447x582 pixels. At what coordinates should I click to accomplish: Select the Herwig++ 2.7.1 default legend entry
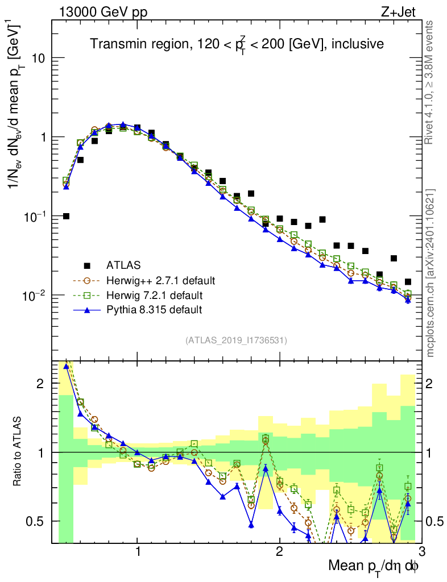(160, 280)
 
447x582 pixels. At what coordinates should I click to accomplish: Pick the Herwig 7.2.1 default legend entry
(154, 295)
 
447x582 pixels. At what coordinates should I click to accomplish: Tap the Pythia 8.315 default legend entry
(154, 310)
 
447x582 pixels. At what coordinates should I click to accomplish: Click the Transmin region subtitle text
(237, 44)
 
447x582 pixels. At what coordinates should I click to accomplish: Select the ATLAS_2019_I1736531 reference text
(236, 340)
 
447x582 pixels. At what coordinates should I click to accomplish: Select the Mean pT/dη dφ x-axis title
(374, 567)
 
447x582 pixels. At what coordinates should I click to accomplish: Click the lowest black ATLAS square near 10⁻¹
(67, 216)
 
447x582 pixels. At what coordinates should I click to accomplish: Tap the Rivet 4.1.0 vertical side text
(431, 82)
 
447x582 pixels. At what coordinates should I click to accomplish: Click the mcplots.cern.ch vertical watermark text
(431, 273)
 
